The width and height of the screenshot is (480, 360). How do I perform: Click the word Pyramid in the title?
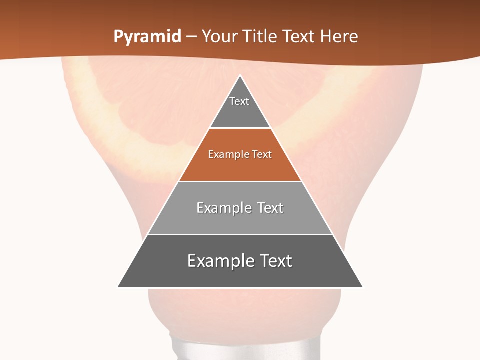[x=147, y=37]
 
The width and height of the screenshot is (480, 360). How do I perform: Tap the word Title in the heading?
[x=260, y=36]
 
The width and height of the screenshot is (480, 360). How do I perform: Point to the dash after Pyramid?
[x=191, y=37]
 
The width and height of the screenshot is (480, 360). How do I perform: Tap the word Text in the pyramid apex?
[x=239, y=101]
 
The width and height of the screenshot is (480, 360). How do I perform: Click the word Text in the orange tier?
[x=262, y=155]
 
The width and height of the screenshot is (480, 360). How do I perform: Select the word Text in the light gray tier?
[x=270, y=208]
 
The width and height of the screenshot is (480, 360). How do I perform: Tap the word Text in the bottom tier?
[x=275, y=261]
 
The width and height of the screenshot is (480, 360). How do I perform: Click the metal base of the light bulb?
[x=240, y=347]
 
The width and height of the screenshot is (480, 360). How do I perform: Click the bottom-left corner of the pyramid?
[x=118, y=287]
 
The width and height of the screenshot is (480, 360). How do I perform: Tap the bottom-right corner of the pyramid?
[x=362, y=287]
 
